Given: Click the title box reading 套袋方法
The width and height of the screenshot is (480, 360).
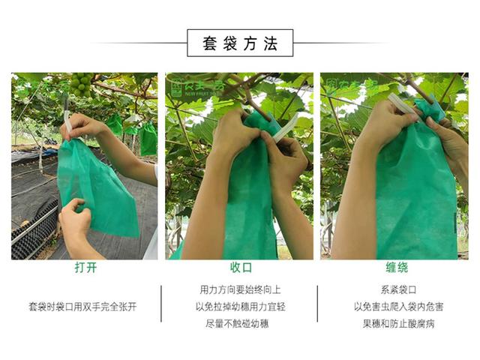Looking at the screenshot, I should (240, 43).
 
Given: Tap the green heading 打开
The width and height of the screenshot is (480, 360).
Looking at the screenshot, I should (85, 268).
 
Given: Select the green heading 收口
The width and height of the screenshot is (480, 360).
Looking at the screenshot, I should (240, 268).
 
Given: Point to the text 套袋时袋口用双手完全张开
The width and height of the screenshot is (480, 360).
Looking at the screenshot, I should (85, 307).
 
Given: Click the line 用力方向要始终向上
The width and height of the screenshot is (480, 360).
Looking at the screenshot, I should (240, 289).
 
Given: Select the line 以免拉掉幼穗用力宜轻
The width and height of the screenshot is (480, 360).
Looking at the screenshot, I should (240, 307).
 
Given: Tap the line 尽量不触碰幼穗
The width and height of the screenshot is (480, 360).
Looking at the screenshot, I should (240, 324).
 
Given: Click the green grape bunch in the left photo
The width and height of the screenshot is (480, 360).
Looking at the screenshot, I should (81, 83).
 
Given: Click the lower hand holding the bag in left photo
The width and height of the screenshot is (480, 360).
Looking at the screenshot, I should (75, 225).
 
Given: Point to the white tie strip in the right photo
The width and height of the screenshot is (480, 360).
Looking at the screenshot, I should (405, 109).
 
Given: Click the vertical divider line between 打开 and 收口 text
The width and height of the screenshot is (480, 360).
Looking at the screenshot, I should (161, 307).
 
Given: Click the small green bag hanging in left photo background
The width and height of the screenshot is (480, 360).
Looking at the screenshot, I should (148, 138).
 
